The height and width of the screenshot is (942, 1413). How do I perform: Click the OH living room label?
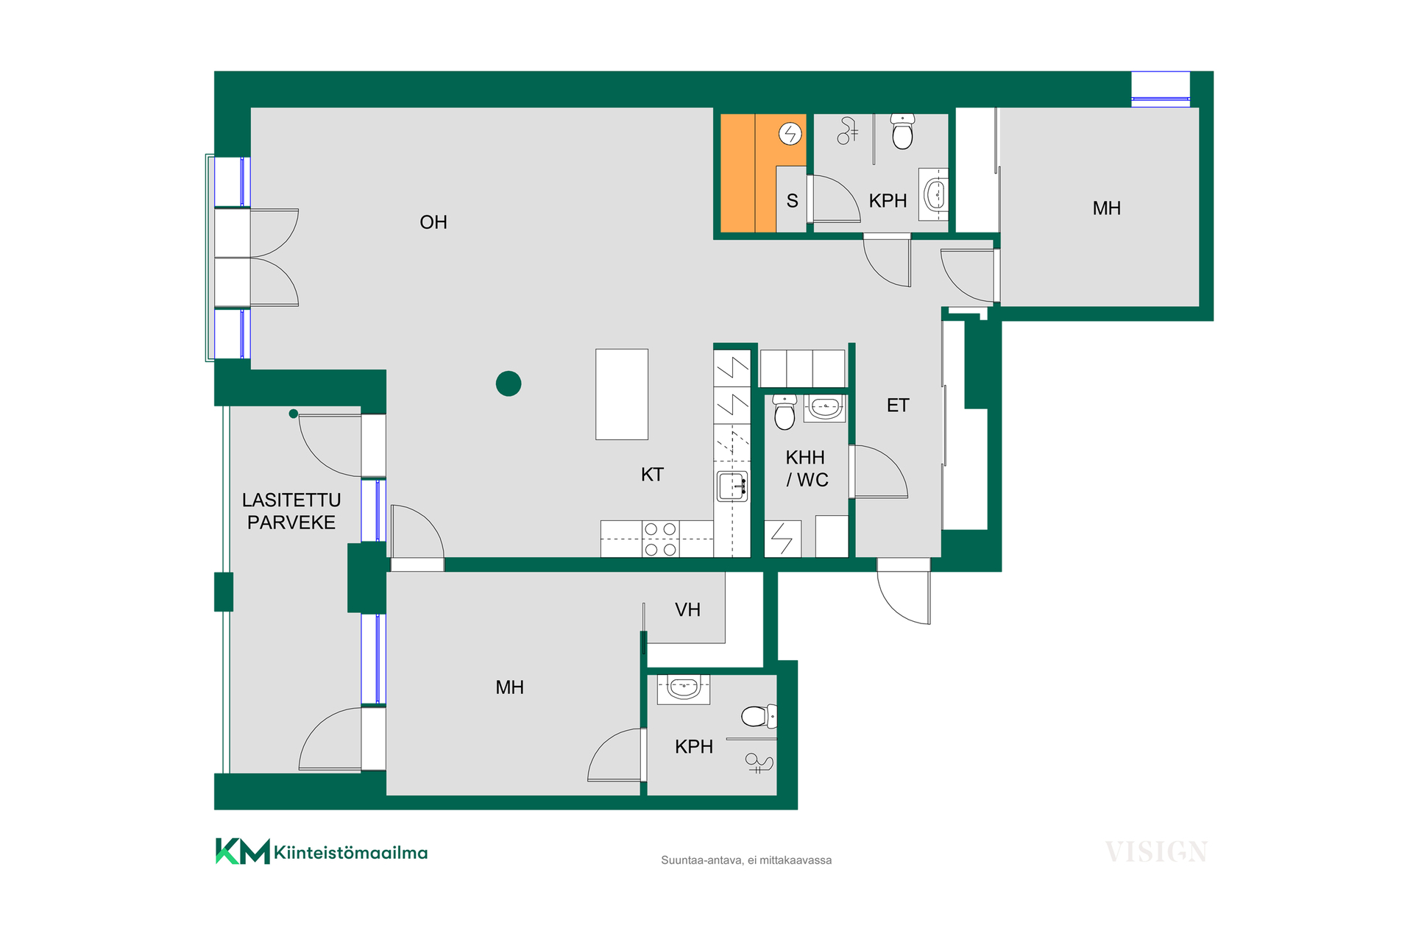tap(433, 222)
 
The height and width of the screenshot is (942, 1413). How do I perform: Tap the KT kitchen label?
tap(652, 475)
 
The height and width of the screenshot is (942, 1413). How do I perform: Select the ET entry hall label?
tap(898, 406)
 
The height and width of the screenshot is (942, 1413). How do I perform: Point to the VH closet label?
tap(687, 609)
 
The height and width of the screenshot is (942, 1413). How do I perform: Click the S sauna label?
tap(792, 201)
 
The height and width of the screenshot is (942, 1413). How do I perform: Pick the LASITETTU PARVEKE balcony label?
tap(291, 511)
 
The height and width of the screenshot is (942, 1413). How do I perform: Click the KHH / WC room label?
tap(806, 469)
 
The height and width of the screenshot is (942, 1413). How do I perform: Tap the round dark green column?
tap(509, 383)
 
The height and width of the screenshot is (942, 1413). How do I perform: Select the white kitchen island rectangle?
tap(622, 394)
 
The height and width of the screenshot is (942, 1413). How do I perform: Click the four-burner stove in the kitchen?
tap(660, 539)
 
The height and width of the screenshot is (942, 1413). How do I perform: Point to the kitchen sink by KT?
tap(732, 486)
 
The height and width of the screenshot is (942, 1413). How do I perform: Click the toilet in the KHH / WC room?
tap(785, 412)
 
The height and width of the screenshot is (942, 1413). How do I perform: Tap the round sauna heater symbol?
tap(790, 133)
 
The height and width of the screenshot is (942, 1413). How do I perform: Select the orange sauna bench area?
tap(748, 173)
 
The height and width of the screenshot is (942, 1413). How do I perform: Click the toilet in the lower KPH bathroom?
tap(759, 716)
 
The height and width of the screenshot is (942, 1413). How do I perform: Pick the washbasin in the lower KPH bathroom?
tap(684, 689)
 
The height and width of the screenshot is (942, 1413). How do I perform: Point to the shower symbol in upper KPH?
tap(848, 131)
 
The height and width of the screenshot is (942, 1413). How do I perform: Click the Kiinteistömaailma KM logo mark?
tap(242, 851)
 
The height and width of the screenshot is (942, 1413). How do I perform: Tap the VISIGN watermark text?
tap(1156, 852)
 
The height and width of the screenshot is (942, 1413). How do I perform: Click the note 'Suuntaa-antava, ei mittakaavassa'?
tap(746, 860)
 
